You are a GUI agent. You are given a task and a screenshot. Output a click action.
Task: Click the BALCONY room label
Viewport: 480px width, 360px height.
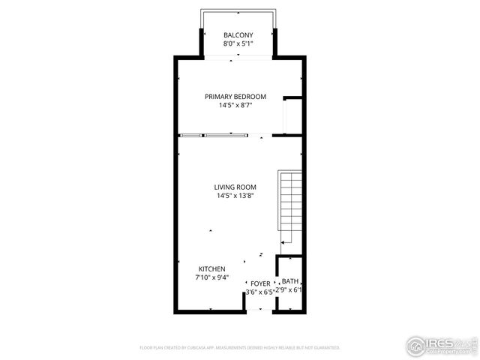click(238, 35)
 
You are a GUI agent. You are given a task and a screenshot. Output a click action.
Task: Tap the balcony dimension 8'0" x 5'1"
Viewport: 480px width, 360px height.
click(238, 44)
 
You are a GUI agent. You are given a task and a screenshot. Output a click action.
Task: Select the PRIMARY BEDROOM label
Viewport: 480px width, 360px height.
click(235, 97)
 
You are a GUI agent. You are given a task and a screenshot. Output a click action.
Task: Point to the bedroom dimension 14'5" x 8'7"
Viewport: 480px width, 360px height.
click(235, 106)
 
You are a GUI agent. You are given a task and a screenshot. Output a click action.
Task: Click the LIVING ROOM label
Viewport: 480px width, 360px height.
click(235, 187)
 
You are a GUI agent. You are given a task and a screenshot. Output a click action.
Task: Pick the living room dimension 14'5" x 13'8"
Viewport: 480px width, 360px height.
click(235, 196)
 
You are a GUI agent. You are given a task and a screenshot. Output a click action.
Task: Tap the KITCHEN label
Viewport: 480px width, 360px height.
click(211, 268)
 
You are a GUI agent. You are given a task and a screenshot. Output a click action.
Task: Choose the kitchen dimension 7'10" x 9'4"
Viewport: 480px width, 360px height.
click(211, 277)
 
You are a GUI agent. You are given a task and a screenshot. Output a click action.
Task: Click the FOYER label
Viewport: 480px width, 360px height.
click(260, 283)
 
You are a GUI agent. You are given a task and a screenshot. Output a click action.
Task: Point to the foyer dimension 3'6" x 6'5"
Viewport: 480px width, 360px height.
click(259, 292)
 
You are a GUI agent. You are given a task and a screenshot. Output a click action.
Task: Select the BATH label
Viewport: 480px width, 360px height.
click(289, 281)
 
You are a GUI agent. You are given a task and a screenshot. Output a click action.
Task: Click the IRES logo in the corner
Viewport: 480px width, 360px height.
click(441, 344)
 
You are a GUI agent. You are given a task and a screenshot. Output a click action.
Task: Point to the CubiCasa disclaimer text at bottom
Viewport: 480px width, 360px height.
click(240, 348)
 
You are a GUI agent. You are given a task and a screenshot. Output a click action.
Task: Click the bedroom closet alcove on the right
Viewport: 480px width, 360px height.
click(292, 116)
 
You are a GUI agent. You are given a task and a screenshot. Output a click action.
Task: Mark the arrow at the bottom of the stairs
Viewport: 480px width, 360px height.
click(285, 241)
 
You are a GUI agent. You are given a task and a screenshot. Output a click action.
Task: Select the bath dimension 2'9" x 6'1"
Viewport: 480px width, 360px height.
click(289, 289)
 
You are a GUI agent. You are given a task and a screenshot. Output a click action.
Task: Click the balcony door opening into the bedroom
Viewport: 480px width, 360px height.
click(238, 57)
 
